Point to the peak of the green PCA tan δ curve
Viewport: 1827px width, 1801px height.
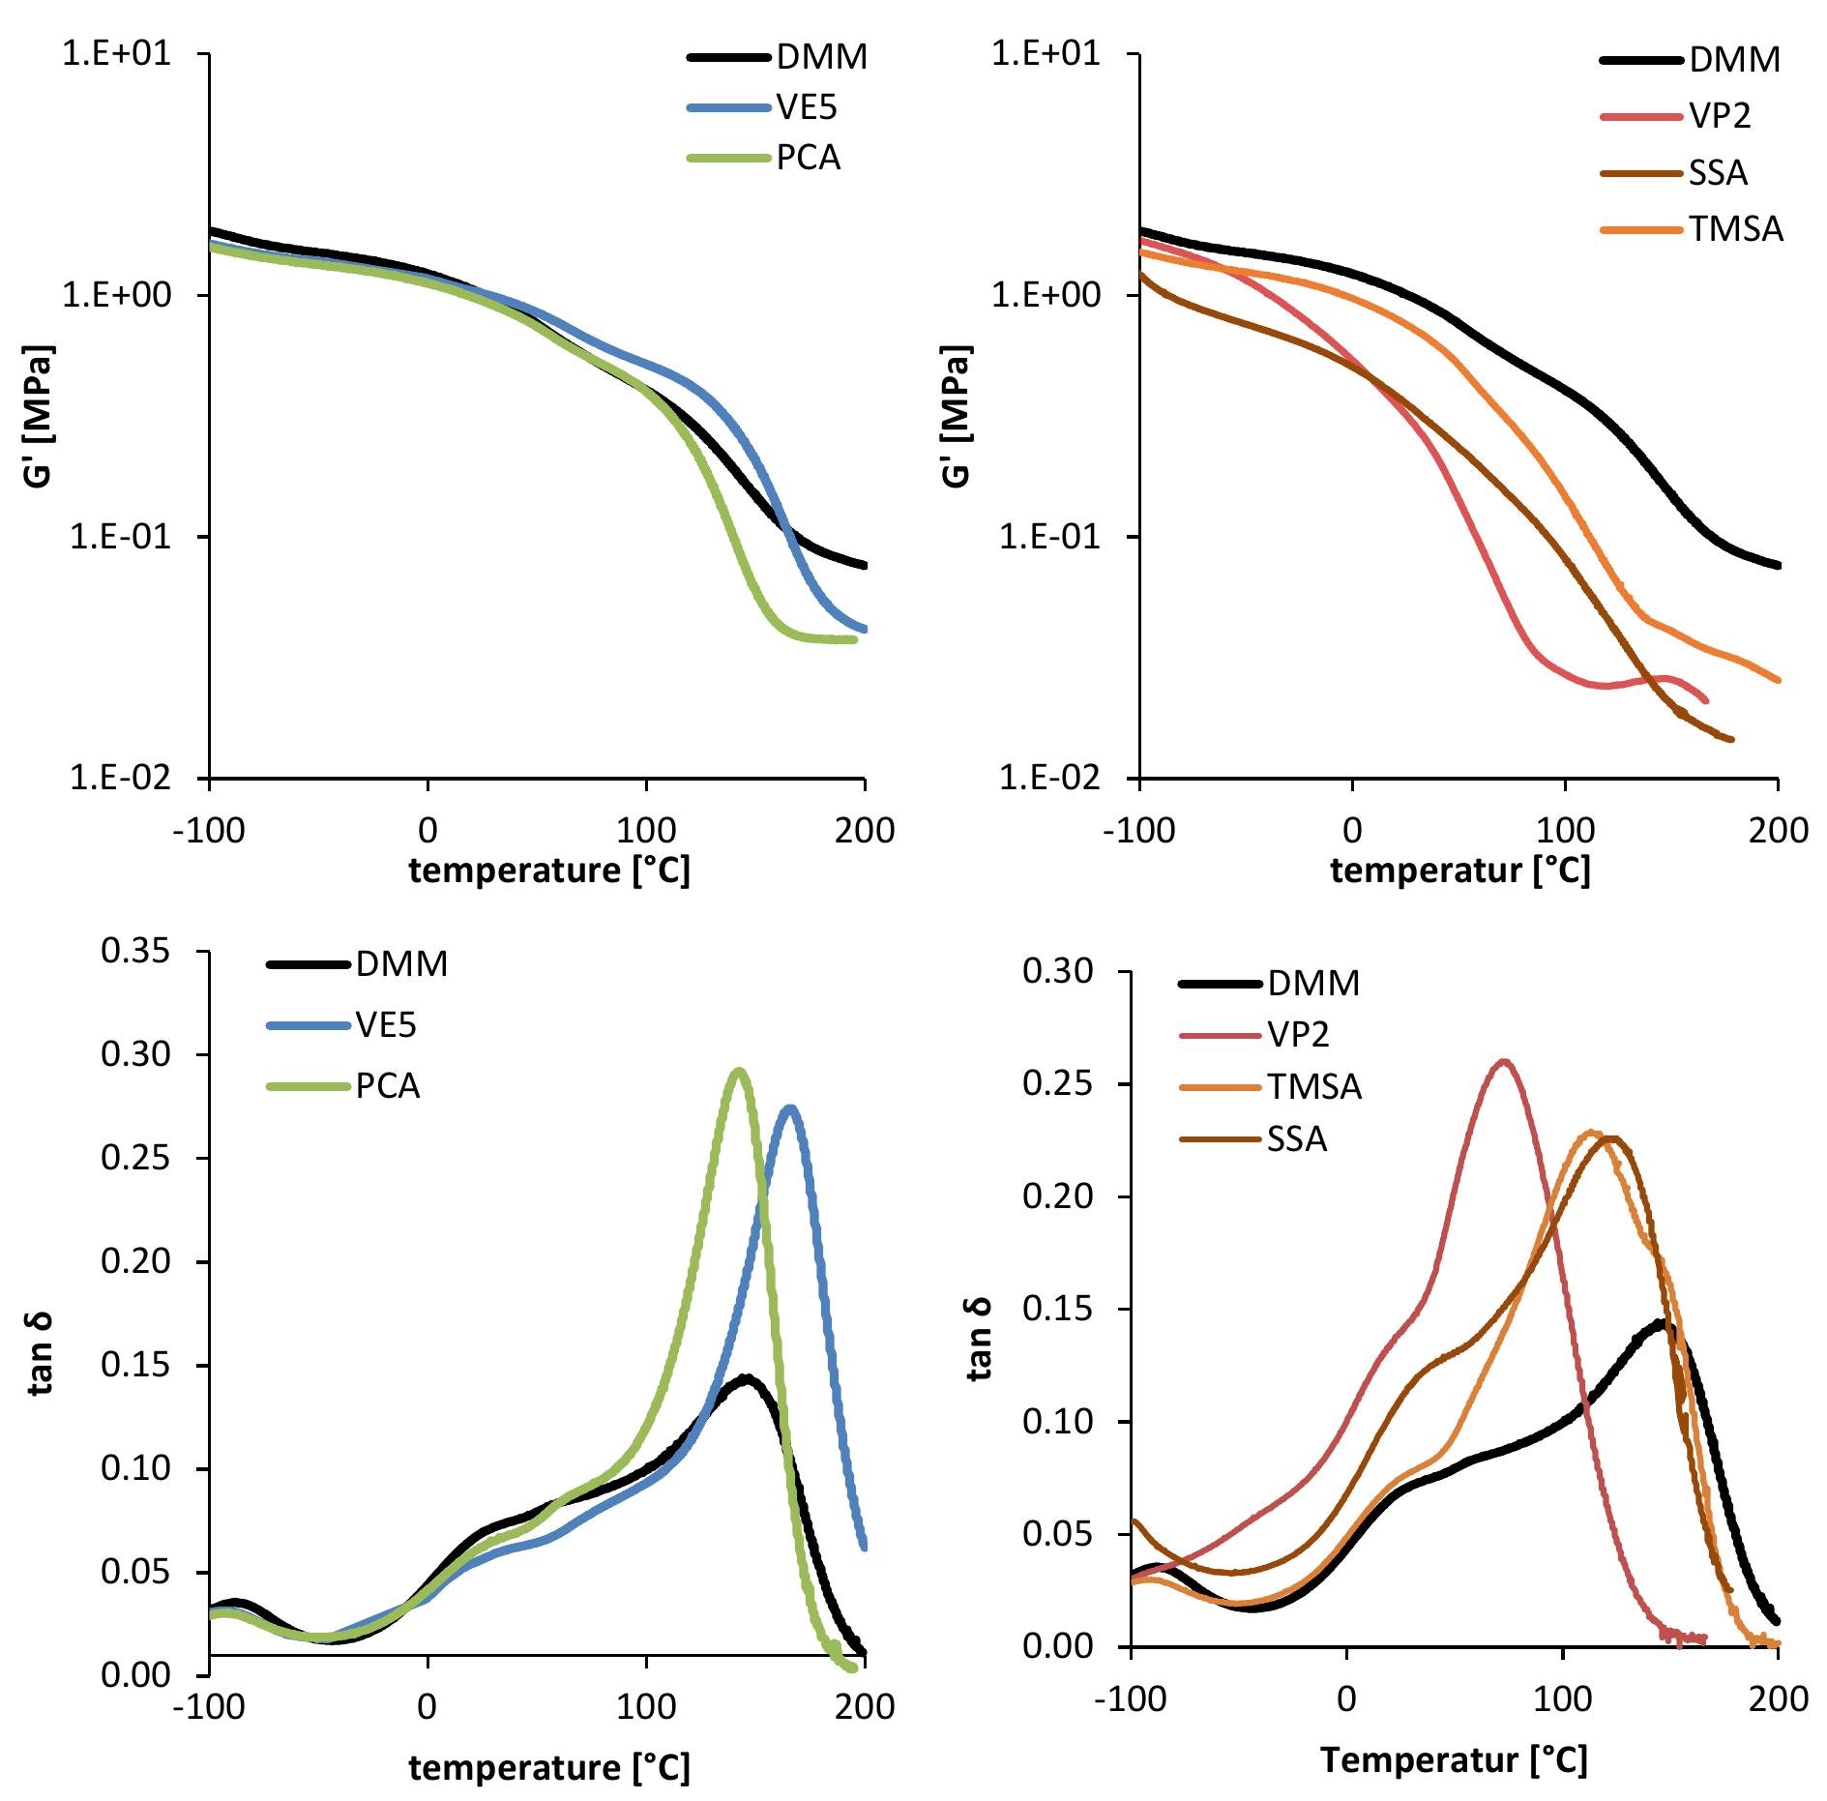740,1071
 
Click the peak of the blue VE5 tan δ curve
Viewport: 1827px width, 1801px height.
791,1108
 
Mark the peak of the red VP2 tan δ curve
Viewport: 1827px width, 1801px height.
1504,1061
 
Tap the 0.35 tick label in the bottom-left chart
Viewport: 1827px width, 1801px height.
134,951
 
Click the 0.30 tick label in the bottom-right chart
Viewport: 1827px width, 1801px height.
1056,971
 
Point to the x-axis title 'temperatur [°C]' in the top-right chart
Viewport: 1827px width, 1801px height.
1460,871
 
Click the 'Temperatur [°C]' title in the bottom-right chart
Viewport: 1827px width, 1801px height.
1454,1759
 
